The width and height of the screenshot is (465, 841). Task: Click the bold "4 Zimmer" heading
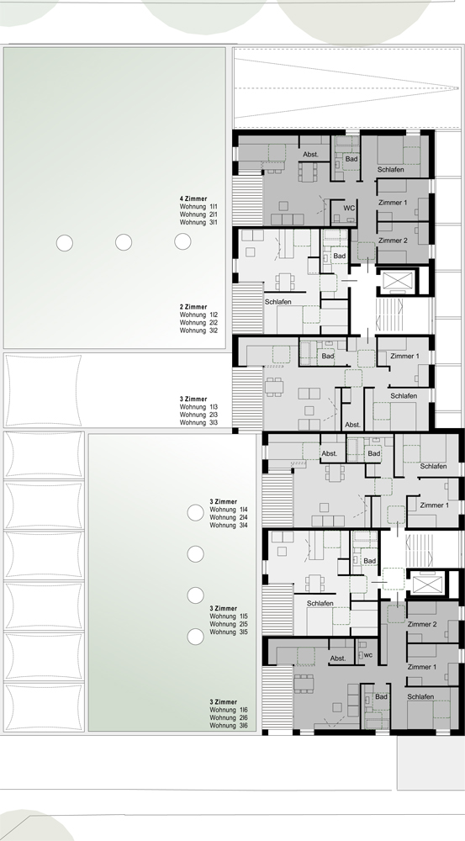[193, 198]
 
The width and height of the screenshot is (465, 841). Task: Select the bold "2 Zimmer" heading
[193, 307]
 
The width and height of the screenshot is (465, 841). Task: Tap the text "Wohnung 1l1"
[198, 207]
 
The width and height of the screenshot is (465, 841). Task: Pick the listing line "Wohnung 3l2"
[198, 331]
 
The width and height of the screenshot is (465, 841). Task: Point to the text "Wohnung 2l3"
[198, 415]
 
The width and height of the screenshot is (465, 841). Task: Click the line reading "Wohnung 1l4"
[229, 510]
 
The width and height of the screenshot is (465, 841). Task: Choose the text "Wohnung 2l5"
[229, 624]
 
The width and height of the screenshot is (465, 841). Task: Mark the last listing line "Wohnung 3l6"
[229, 726]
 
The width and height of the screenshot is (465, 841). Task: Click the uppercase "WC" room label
[349, 208]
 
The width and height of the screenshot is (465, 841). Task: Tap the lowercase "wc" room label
[368, 655]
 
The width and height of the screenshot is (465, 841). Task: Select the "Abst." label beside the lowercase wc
[338, 659]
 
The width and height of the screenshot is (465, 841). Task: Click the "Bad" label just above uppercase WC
[351, 159]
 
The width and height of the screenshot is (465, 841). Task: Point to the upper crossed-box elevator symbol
[398, 281]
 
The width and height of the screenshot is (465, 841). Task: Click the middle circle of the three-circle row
[124, 242]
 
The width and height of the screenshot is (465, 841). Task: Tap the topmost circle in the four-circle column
[195, 513]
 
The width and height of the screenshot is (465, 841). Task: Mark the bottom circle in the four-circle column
[195, 637]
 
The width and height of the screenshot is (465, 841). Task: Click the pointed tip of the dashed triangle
[458, 88]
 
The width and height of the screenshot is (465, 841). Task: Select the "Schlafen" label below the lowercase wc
[420, 696]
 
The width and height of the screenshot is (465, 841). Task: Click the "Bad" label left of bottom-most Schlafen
[381, 696]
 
